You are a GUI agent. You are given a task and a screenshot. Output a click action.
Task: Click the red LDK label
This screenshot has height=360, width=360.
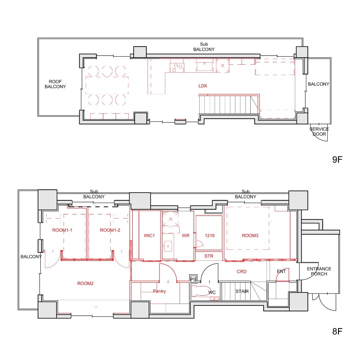[x=203, y=86]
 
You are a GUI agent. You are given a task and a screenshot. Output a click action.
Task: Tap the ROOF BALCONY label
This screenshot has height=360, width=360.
[x=55, y=84]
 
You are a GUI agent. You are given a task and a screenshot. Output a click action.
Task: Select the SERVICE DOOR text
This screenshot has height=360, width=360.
[x=319, y=132]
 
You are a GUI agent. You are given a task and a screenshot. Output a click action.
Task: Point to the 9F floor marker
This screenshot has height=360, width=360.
[x=337, y=160]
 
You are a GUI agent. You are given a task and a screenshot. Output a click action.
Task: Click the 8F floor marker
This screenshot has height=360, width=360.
[x=337, y=331]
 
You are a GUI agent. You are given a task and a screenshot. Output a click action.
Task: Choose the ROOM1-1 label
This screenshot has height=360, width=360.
[x=62, y=230]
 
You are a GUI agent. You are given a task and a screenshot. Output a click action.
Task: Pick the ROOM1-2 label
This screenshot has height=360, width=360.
[x=110, y=230]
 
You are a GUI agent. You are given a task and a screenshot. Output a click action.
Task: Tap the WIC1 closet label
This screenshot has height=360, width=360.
[x=149, y=236]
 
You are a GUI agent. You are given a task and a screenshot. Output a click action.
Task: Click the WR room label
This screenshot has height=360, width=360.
[x=186, y=236]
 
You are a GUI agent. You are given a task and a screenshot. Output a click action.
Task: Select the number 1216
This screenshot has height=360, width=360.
[x=210, y=236]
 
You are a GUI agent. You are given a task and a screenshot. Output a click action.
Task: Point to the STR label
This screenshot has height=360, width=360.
[x=209, y=256]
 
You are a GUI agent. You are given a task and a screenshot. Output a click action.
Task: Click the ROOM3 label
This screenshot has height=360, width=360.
[x=250, y=236]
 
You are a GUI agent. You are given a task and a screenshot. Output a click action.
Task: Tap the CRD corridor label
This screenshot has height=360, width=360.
[x=242, y=272]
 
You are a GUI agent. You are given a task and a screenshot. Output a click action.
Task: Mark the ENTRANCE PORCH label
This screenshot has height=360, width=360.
[x=319, y=271]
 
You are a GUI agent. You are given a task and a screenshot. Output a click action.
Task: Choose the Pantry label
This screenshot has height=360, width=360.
[x=159, y=291]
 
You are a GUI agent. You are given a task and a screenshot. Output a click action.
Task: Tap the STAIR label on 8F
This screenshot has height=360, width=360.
[x=242, y=291]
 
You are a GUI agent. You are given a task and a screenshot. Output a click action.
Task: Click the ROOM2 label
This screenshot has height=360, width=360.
[x=85, y=284]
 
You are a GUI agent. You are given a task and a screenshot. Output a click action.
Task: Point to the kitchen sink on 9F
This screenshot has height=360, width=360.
[x=204, y=66]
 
